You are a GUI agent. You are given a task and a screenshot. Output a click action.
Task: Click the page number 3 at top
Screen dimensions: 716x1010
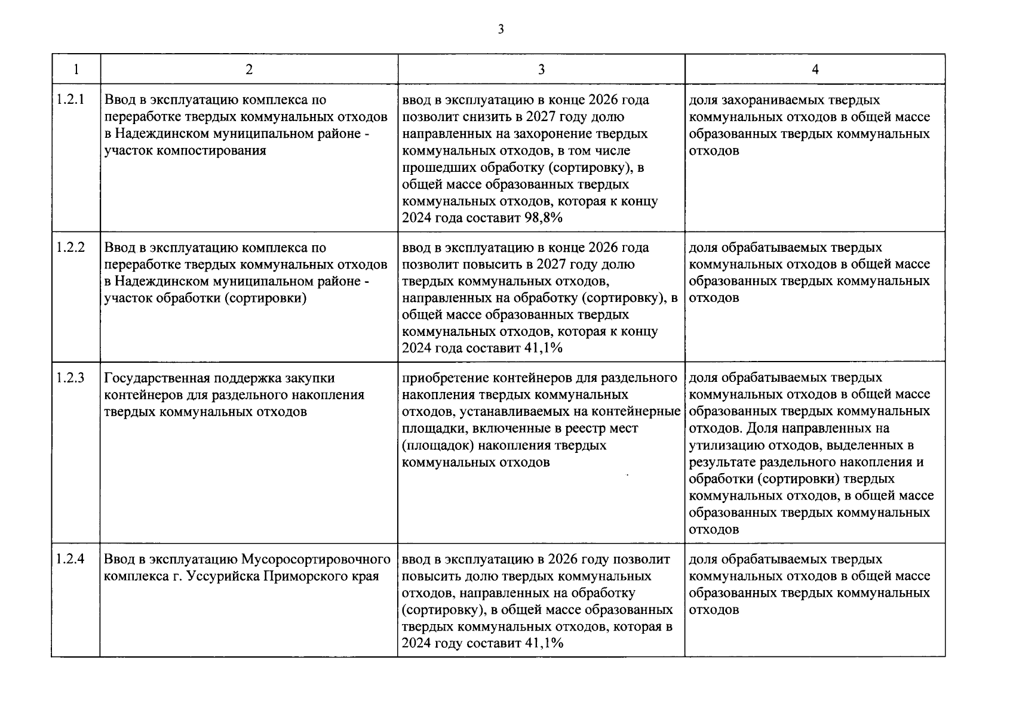click(x=501, y=29)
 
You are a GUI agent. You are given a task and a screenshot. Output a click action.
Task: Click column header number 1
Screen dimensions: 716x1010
click(x=76, y=70)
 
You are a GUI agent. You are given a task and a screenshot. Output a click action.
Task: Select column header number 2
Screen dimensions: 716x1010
click(x=248, y=70)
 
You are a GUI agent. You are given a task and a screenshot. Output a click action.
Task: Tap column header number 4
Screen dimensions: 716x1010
click(x=815, y=70)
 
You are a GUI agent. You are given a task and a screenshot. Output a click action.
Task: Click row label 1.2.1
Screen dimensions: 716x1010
click(x=70, y=100)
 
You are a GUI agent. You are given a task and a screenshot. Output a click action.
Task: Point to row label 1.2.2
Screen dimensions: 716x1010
click(x=70, y=247)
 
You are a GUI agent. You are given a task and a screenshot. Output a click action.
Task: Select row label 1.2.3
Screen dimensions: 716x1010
click(x=70, y=378)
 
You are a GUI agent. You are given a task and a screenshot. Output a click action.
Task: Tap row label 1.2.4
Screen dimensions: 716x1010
click(x=70, y=559)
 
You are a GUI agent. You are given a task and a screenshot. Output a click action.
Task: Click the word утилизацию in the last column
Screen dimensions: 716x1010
click(x=722, y=445)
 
